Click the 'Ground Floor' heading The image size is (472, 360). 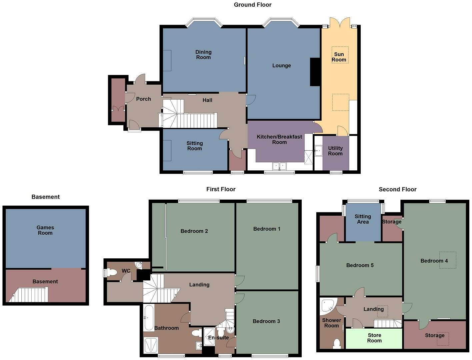point(252,5)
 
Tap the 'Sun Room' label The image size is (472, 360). point(339,57)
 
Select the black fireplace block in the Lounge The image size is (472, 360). point(315,72)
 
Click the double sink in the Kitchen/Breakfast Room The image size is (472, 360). point(279,166)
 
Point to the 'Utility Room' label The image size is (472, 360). point(335,151)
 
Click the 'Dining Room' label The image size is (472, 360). point(203,55)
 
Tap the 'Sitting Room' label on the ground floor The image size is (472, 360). point(194,146)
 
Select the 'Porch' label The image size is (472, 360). point(143,99)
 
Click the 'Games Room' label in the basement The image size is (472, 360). point(45,230)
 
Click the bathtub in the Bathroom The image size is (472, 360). point(148,317)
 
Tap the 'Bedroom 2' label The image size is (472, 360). point(194,231)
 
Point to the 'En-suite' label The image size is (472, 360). point(218,338)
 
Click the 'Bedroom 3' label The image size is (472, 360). point(266,321)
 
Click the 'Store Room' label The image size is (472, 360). point(374,338)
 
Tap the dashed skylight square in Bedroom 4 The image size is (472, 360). point(447,260)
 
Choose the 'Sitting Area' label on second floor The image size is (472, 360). point(363,219)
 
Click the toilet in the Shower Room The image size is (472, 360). point(337,343)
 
